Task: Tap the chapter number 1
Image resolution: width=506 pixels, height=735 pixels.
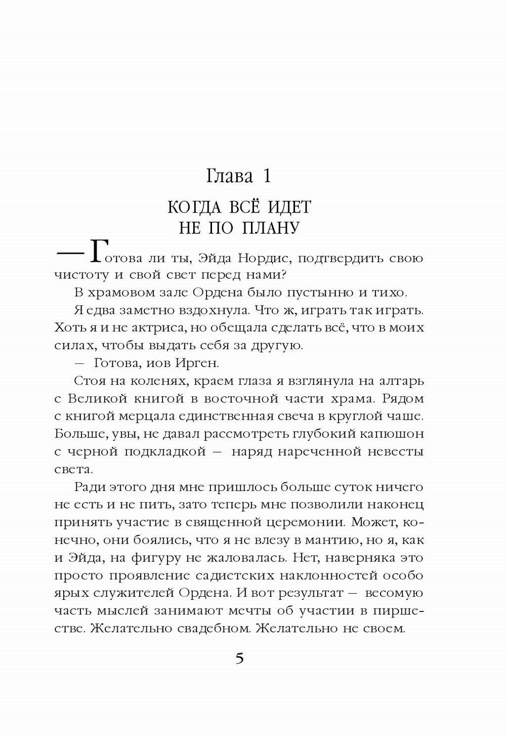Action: pyautogui.click(x=267, y=176)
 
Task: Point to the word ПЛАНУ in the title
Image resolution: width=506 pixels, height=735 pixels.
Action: pyautogui.click(x=271, y=228)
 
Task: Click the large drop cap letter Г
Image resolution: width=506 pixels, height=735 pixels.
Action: pyautogui.click(x=99, y=252)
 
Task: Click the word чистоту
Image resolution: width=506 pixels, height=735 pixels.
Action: pyautogui.click(x=81, y=276)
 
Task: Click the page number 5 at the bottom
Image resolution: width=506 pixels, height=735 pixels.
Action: pyautogui.click(x=239, y=659)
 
